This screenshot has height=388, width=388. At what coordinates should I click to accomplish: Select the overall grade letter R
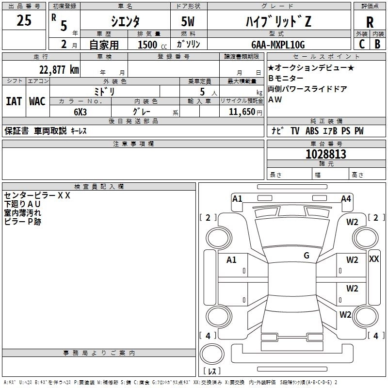(x=370, y=22)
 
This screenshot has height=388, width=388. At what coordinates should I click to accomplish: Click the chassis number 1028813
(x=326, y=155)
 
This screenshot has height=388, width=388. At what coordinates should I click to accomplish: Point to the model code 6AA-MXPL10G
(x=278, y=45)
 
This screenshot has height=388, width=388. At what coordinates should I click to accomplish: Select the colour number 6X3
(x=81, y=111)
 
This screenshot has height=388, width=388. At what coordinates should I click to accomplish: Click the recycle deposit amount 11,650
(x=239, y=111)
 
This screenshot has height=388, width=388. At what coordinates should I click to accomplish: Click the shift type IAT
(x=14, y=101)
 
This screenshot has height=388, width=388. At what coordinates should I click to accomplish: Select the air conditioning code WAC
(x=37, y=101)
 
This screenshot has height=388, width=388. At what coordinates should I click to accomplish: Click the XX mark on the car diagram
(x=374, y=259)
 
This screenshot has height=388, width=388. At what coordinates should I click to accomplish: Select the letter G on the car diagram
(x=306, y=256)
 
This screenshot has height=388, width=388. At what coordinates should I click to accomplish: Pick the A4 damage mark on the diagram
(x=346, y=198)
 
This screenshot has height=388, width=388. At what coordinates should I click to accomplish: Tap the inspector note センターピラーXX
(x=37, y=196)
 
